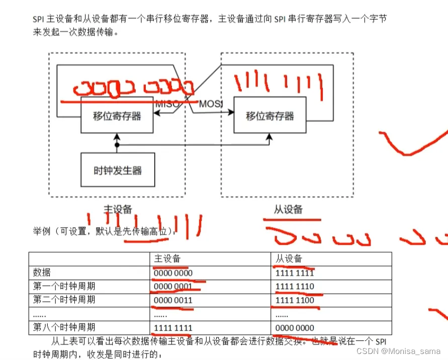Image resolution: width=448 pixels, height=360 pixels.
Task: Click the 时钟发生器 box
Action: click(118, 170)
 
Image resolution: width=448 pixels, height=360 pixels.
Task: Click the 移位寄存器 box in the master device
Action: click(118, 116)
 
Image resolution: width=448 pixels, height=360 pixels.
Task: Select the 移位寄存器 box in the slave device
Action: click(270, 116)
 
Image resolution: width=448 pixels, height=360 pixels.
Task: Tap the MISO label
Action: click(167, 104)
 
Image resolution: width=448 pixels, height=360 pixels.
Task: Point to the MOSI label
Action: click(211, 104)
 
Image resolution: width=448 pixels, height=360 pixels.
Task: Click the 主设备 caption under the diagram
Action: click(118, 209)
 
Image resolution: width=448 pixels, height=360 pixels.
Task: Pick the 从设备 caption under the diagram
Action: click(289, 209)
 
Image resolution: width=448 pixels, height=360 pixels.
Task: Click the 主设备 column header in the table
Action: click(167, 259)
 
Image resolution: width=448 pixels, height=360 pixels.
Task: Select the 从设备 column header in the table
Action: click(289, 259)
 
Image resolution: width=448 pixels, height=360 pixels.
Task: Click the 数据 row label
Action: click(42, 273)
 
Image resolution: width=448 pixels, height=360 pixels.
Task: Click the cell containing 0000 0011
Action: click(173, 300)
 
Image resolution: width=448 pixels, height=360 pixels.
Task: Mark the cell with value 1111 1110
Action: click(295, 287)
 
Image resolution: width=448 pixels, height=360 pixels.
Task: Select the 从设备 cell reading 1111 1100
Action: click(295, 300)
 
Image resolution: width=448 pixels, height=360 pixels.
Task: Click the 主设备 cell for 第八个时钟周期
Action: click(173, 327)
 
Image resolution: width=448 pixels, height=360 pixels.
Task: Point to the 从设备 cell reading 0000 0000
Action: click(295, 327)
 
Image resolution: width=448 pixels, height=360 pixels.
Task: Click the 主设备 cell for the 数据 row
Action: click(173, 273)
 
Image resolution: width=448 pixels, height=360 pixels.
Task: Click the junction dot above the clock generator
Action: click(117, 145)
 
